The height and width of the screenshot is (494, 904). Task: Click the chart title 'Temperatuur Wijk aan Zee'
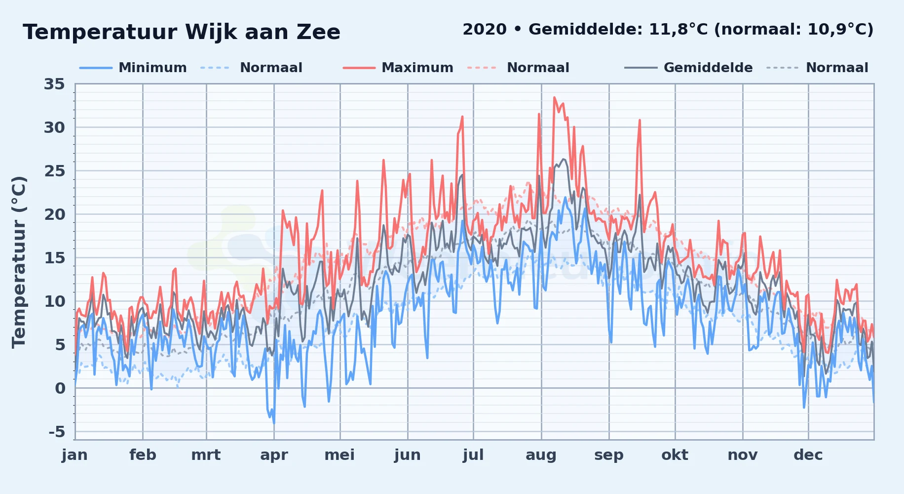(182, 32)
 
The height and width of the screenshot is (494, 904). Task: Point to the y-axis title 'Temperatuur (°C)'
(19, 262)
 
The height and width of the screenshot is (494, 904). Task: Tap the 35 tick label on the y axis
(54, 84)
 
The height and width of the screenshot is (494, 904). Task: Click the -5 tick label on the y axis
(57, 432)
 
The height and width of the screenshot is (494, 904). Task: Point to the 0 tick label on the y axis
(60, 389)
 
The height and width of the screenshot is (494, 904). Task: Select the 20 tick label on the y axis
(54, 215)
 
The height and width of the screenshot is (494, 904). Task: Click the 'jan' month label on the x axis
(75, 455)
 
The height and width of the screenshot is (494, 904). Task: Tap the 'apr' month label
(274, 455)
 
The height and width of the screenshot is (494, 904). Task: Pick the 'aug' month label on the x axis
(541, 455)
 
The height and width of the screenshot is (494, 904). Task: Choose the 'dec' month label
(808, 455)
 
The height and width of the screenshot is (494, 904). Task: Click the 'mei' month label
(339, 455)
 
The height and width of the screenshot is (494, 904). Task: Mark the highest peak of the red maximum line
(554, 97)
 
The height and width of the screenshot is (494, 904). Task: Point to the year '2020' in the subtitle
(485, 30)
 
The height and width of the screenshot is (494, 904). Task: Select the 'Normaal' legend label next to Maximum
(538, 68)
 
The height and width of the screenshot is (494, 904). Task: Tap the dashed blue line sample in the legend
(215, 68)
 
